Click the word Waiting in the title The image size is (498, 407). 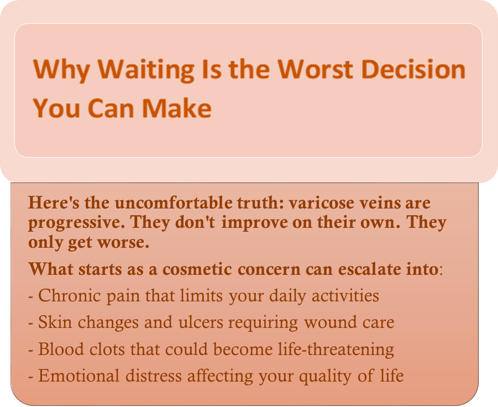pyautogui.click(x=146, y=70)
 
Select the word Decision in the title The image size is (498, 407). pyautogui.click(x=413, y=69)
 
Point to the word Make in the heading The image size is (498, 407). pyautogui.click(x=176, y=108)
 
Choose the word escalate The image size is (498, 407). pyautogui.click(x=369, y=269)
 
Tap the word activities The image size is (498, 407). pyautogui.click(x=345, y=295)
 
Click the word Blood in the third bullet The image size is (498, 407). pyautogui.click(x=61, y=349)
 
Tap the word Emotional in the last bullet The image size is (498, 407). pyautogui.click(x=79, y=375)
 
